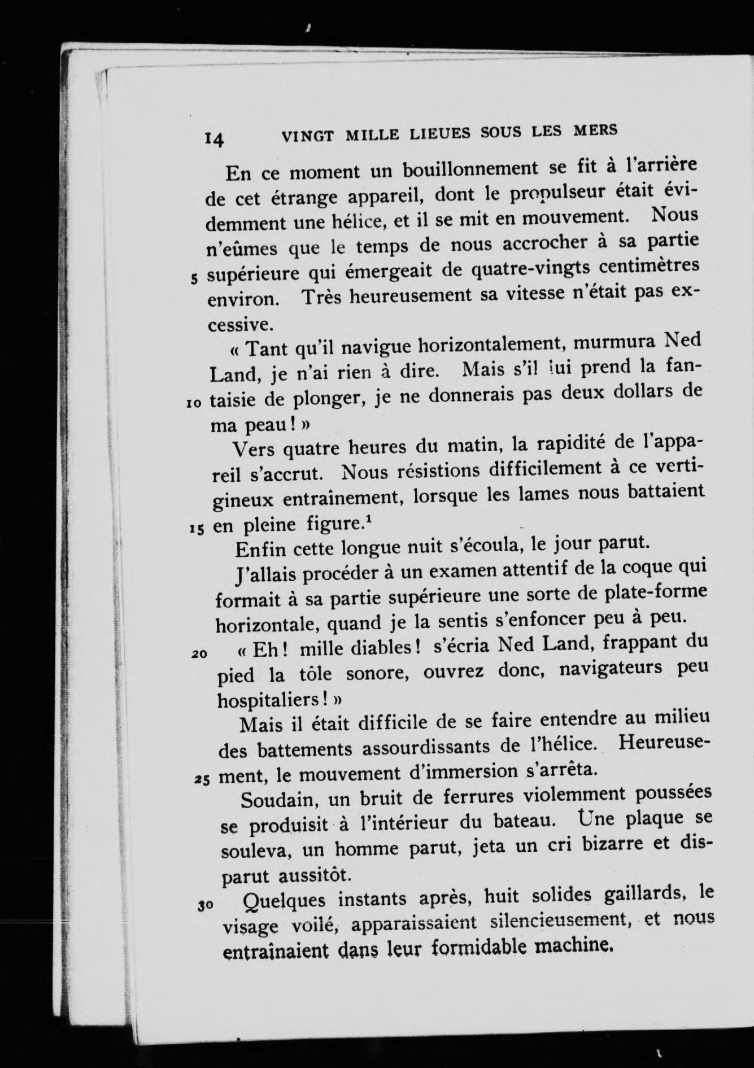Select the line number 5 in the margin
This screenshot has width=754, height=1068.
(x=194, y=278)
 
